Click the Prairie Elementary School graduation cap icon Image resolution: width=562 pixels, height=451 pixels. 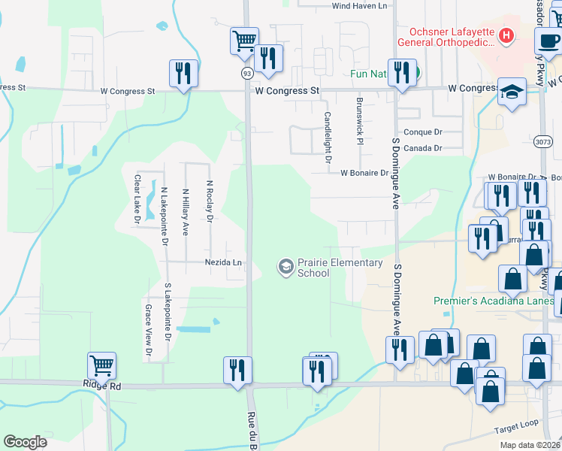tap(286, 266)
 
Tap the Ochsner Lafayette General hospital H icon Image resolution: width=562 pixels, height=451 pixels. tap(507, 35)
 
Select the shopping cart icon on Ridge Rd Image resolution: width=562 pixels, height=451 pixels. tap(101, 366)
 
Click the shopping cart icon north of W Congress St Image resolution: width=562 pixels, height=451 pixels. tap(244, 41)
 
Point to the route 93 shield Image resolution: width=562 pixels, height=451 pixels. tap(246, 73)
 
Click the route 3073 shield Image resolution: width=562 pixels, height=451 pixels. tap(542, 141)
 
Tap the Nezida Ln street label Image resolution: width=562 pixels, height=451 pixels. tap(224, 263)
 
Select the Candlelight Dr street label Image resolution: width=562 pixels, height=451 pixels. tap(328, 138)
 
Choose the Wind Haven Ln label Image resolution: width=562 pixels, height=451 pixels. tap(359, 6)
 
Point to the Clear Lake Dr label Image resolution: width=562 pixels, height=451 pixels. tap(137, 200)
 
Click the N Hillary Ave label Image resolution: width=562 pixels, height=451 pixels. tap(185, 211)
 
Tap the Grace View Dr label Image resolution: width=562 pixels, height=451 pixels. tap(148, 330)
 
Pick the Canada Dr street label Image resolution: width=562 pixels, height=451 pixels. tap(423, 148)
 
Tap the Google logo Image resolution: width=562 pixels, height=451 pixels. tap(25, 442)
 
